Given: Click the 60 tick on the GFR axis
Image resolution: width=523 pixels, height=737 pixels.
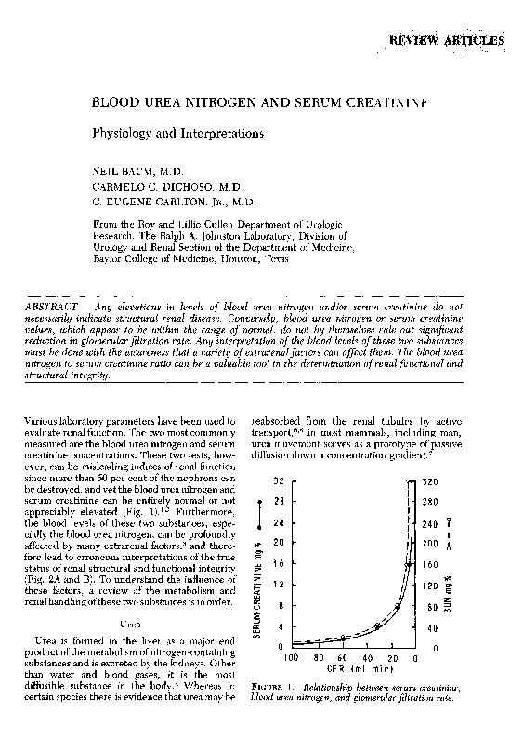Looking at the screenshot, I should pyautogui.click(x=342, y=656).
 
